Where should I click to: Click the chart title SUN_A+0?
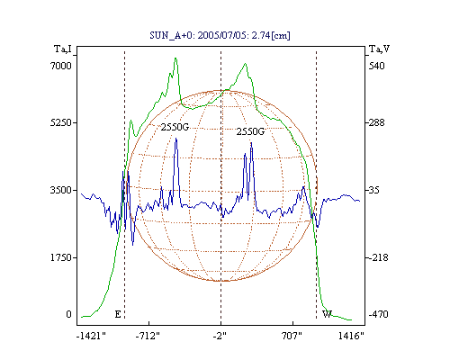click(x=171, y=36)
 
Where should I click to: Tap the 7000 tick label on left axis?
click(x=61, y=66)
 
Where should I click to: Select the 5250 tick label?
click(x=61, y=122)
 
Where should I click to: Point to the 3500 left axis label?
click(x=61, y=190)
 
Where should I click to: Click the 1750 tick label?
click(x=61, y=257)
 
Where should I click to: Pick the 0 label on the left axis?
click(x=68, y=314)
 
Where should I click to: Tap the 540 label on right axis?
click(x=376, y=66)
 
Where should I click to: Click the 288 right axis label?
click(x=376, y=122)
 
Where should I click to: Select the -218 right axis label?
click(x=378, y=257)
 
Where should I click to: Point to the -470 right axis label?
click(x=378, y=314)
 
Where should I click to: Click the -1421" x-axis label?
click(x=91, y=336)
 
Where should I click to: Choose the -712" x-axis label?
click(x=148, y=336)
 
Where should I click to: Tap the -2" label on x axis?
click(x=220, y=336)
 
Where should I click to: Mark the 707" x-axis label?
click(x=292, y=336)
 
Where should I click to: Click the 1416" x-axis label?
click(x=351, y=336)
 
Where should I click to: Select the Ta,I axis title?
click(x=63, y=49)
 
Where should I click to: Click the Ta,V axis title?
click(x=379, y=49)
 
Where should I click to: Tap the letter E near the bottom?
click(x=118, y=314)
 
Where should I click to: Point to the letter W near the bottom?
click(x=327, y=314)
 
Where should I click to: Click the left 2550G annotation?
click(x=175, y=127)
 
